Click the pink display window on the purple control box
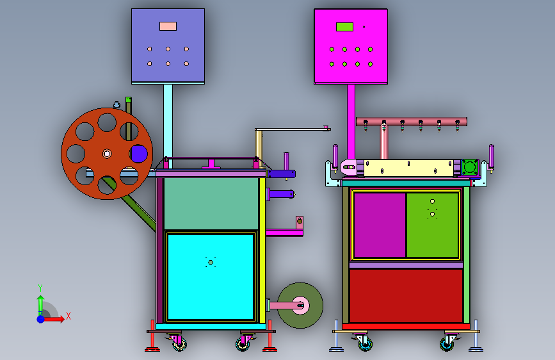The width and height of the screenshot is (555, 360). point(168,26)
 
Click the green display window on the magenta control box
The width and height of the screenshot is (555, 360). point(344,27)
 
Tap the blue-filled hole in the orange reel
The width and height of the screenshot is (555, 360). point(139,154)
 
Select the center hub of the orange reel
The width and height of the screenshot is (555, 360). point(107,154)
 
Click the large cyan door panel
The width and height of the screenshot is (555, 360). point(211,277)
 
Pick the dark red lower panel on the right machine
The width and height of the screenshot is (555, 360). point(406,296)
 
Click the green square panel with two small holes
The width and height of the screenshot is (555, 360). point(432,225)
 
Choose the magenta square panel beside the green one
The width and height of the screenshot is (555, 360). point(380,225)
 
